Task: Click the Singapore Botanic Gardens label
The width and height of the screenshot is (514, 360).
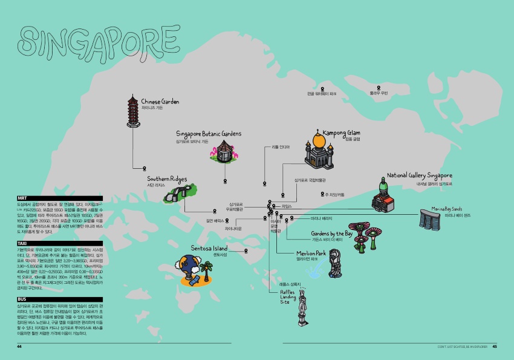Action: pyautogui.click(x=209, y=133)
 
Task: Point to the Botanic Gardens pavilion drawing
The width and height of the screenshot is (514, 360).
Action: pyautogui.click(x=225, y=151)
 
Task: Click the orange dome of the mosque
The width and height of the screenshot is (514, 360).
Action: pyautogui.click(x=319, y=141)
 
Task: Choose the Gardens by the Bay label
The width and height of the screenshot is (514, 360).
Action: pyautogui.click(x=331, y=234)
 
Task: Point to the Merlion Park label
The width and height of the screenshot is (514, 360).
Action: pyautogui.click(x=311, y=253)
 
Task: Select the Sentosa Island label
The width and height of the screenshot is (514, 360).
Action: pyautogui.click(x=209, y=248)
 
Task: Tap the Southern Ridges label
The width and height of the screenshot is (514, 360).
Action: pyautogui.click(x=167, y=179)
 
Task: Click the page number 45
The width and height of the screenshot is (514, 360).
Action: pyautogui.click(x=495, y=347)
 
